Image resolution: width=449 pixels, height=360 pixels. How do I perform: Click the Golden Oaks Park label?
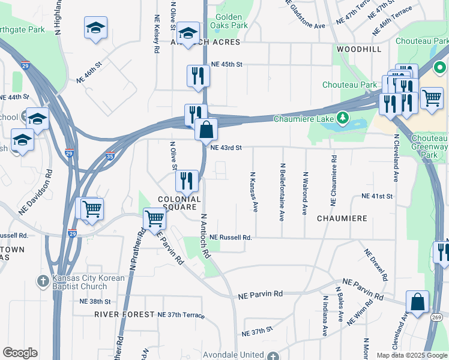coord(228,22)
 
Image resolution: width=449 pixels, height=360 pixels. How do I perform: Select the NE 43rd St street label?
coord(226,148)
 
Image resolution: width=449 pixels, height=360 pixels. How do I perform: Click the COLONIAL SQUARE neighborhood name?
coord(178,203)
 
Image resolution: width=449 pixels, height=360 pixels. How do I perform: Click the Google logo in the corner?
coord(20,353)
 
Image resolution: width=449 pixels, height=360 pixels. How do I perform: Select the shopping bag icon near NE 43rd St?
coord(206,129)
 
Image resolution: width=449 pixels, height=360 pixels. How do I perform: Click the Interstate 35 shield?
coord(109,155)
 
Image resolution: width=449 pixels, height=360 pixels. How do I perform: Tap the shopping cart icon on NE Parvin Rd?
coord(155,219)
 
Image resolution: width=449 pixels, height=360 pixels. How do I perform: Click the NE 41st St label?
coord(377,196)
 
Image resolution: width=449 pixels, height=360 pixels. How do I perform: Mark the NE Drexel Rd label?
coord(376,265)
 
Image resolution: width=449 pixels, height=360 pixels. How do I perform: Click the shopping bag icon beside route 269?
coord(417,302)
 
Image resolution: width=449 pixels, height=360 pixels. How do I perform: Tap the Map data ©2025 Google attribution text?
coord(411,355)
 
